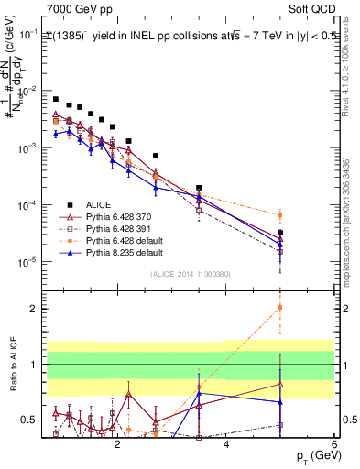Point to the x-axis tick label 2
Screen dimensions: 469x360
117,443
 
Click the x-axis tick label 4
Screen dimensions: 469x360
226,443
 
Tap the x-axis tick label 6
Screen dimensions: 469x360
334,443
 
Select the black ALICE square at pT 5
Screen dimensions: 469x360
280,233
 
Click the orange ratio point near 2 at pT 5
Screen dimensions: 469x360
280,307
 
